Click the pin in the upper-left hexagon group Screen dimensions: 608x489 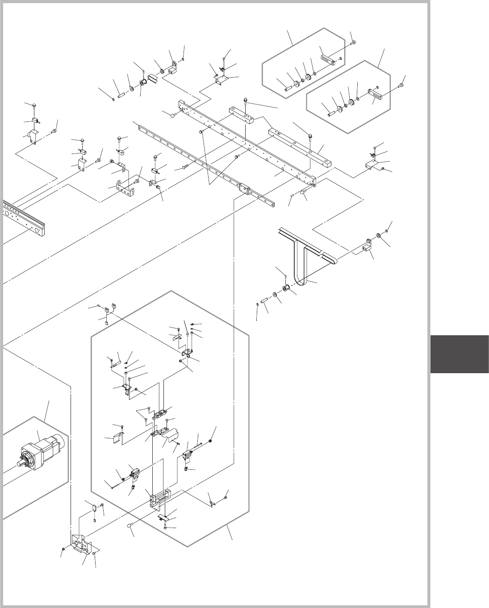pyautogui.click(x=288, y=88)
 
